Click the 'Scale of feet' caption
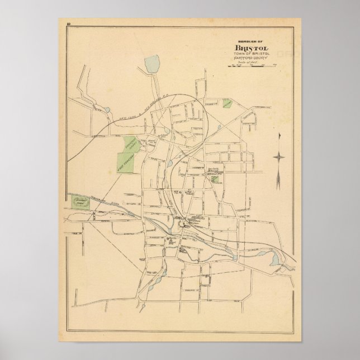click(251, 63)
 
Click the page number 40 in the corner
click(67, 23)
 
